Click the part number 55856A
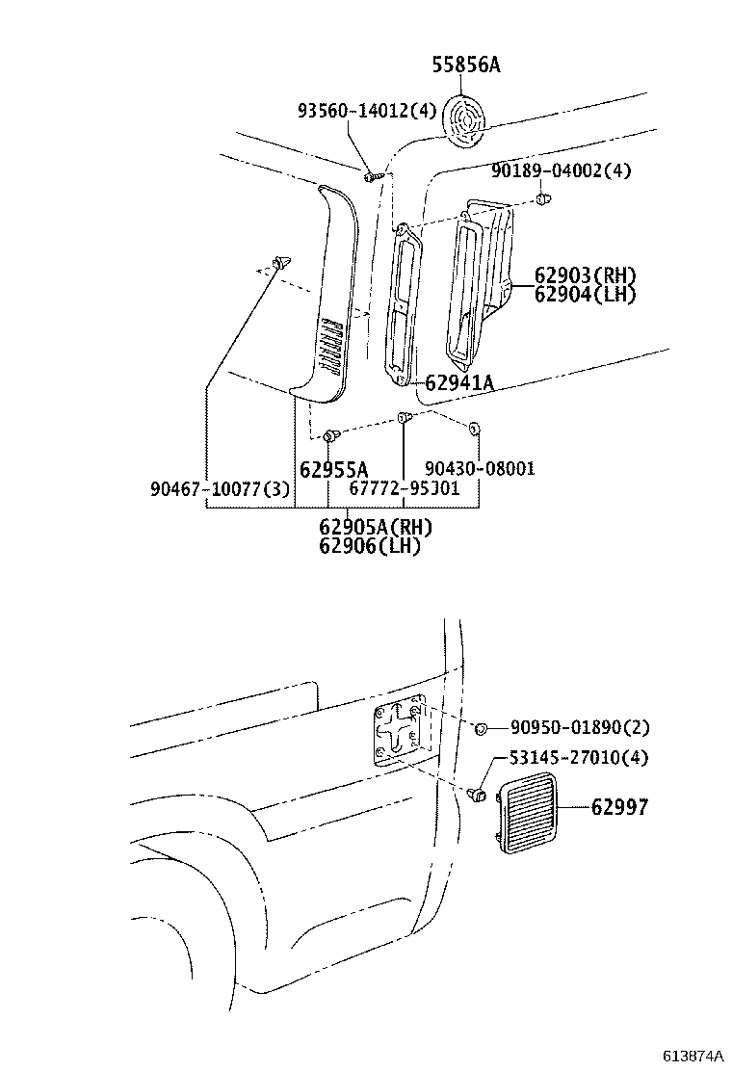(x=466, y=65)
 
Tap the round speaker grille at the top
(x=467, y=122)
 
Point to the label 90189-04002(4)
(x=561, y=170)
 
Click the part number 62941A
(x=458, y=383)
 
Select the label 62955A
(x=333, y=469)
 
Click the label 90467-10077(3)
(x=220, y=488)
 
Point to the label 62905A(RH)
(x=376, y=527)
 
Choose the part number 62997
(x=619, y=807)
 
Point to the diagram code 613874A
(x=692, y=1056)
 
